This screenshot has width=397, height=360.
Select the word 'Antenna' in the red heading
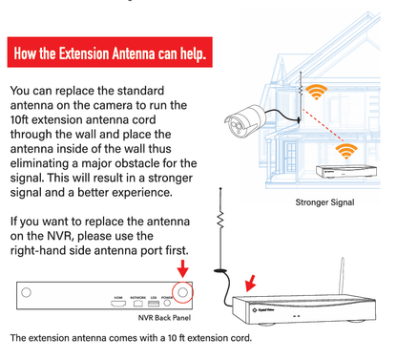click(157, 50)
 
